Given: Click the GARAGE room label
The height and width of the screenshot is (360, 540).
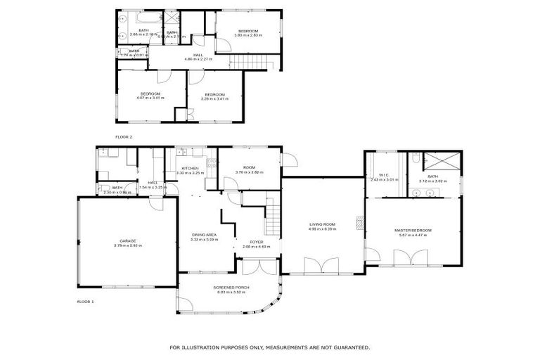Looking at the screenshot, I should (127, 240).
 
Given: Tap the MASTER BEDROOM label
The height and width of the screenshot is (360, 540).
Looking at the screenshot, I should (413, 231).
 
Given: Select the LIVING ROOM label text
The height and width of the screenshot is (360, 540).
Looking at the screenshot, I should (323, 224).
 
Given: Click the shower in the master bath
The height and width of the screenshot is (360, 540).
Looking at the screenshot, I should (444, 160).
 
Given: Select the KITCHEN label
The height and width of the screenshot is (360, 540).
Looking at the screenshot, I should (190, 168).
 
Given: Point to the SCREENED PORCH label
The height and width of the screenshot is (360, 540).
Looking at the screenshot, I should (231, 288).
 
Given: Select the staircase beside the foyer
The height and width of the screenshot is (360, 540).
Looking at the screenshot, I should (272, 216).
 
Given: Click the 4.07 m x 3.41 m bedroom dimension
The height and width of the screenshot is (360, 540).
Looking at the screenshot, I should (150, 98).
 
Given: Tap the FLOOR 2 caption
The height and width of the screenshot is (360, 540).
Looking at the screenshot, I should (124, 136).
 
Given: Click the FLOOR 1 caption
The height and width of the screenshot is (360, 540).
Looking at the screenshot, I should (85, 301).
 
